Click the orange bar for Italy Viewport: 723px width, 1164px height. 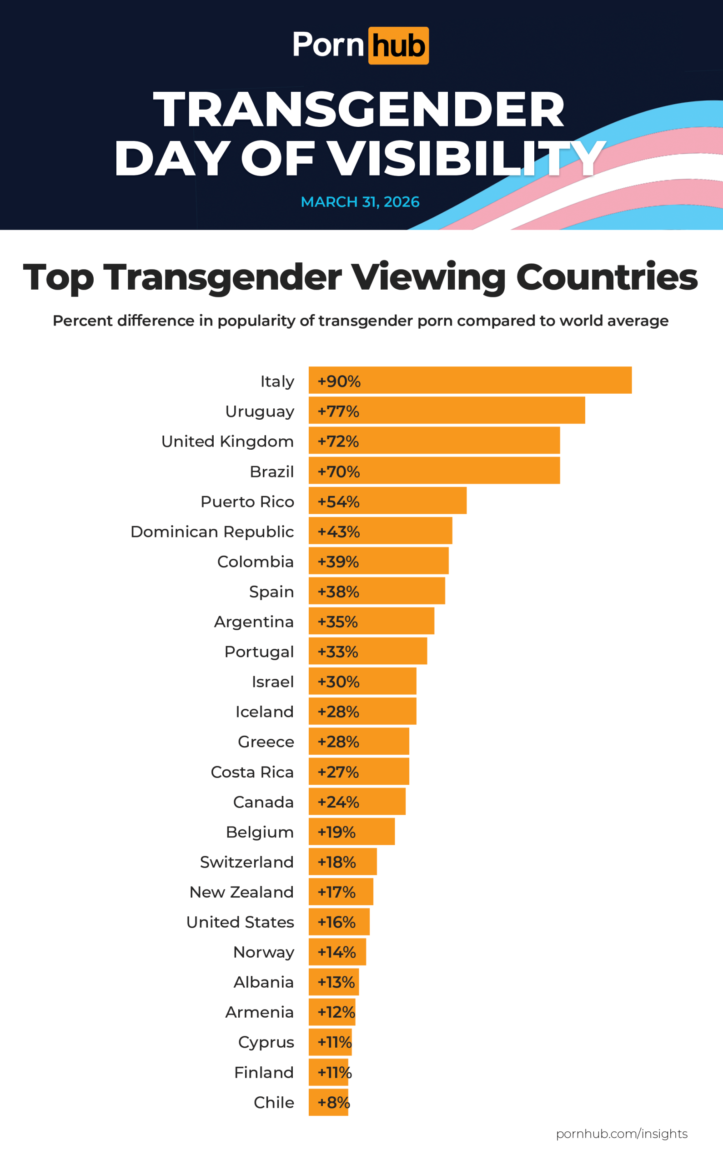(x=470, y=380)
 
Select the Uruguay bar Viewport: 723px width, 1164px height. (x=447, y=410)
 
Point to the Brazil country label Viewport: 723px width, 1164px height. (x=271, y=472)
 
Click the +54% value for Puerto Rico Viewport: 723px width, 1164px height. (x=339, y=501)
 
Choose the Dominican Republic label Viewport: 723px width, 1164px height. (x=212, y=531)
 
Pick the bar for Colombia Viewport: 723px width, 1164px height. (x=378, y=561)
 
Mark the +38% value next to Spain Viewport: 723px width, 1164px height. (x=339, y=592)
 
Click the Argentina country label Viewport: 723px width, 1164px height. (x=253, y=622)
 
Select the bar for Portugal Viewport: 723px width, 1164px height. (x=368, y=651)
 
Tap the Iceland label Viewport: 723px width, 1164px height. (x=265, y=711)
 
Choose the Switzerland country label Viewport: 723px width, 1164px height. (x=247, y=862)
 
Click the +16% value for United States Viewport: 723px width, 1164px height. (x=336, y=922)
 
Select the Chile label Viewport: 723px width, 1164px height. (x=274, y=1102)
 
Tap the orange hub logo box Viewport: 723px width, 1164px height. (x=398, y=46)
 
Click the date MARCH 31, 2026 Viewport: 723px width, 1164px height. (x=360, y=202)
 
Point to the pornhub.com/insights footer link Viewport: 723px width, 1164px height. (x=622, y=1134)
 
